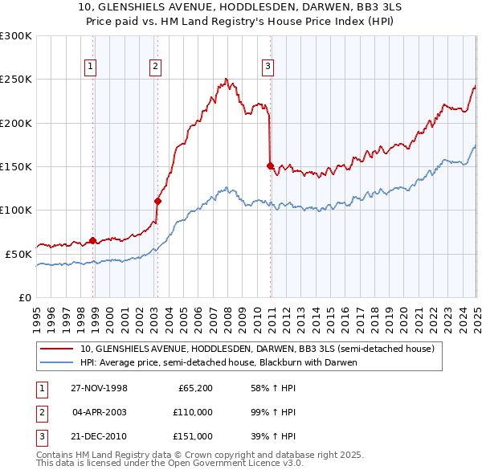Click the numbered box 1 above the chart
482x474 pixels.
(x=91, y=67)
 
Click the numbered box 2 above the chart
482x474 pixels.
(x=155, y=67)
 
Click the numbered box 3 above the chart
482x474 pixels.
(x=268, y=67)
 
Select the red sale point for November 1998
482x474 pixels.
(x=93, y=240)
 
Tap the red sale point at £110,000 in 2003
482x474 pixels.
(x=157, y=201)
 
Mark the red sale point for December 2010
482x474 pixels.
(x=270, y=165)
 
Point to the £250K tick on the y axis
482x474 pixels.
(x=17, y=80)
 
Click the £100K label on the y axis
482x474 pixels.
(x=17, y=210)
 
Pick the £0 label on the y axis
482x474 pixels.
(x=26, y=297)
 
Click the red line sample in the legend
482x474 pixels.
(x=56, y=349)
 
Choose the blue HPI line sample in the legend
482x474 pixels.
(x=56, y=362)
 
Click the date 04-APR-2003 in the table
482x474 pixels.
(x=99, y=412)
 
